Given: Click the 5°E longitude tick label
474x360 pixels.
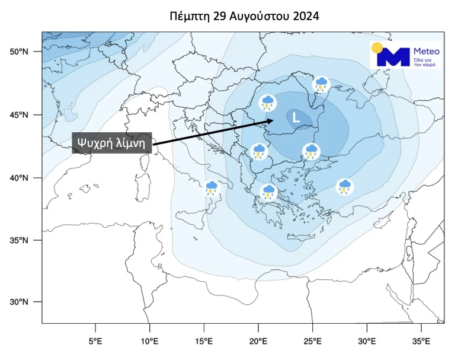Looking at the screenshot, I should [95, 342].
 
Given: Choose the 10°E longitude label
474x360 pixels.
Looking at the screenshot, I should [149, 342].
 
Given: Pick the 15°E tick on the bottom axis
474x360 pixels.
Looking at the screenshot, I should [204, 342].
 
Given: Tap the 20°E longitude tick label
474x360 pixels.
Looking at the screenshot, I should [258, 342].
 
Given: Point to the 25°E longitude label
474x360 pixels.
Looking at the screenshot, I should [313, 342].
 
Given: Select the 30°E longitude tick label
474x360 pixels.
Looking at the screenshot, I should [367, 342].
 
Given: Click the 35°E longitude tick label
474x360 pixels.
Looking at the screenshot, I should [421, 342].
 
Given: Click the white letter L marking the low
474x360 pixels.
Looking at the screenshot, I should [296, 118].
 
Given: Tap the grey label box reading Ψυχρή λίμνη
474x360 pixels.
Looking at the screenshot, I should [112, 143].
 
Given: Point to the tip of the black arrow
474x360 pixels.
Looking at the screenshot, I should [273, 120].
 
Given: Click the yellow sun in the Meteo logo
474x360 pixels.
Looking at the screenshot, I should [377, 48].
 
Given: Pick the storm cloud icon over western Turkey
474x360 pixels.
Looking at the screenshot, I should [344, 187].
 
